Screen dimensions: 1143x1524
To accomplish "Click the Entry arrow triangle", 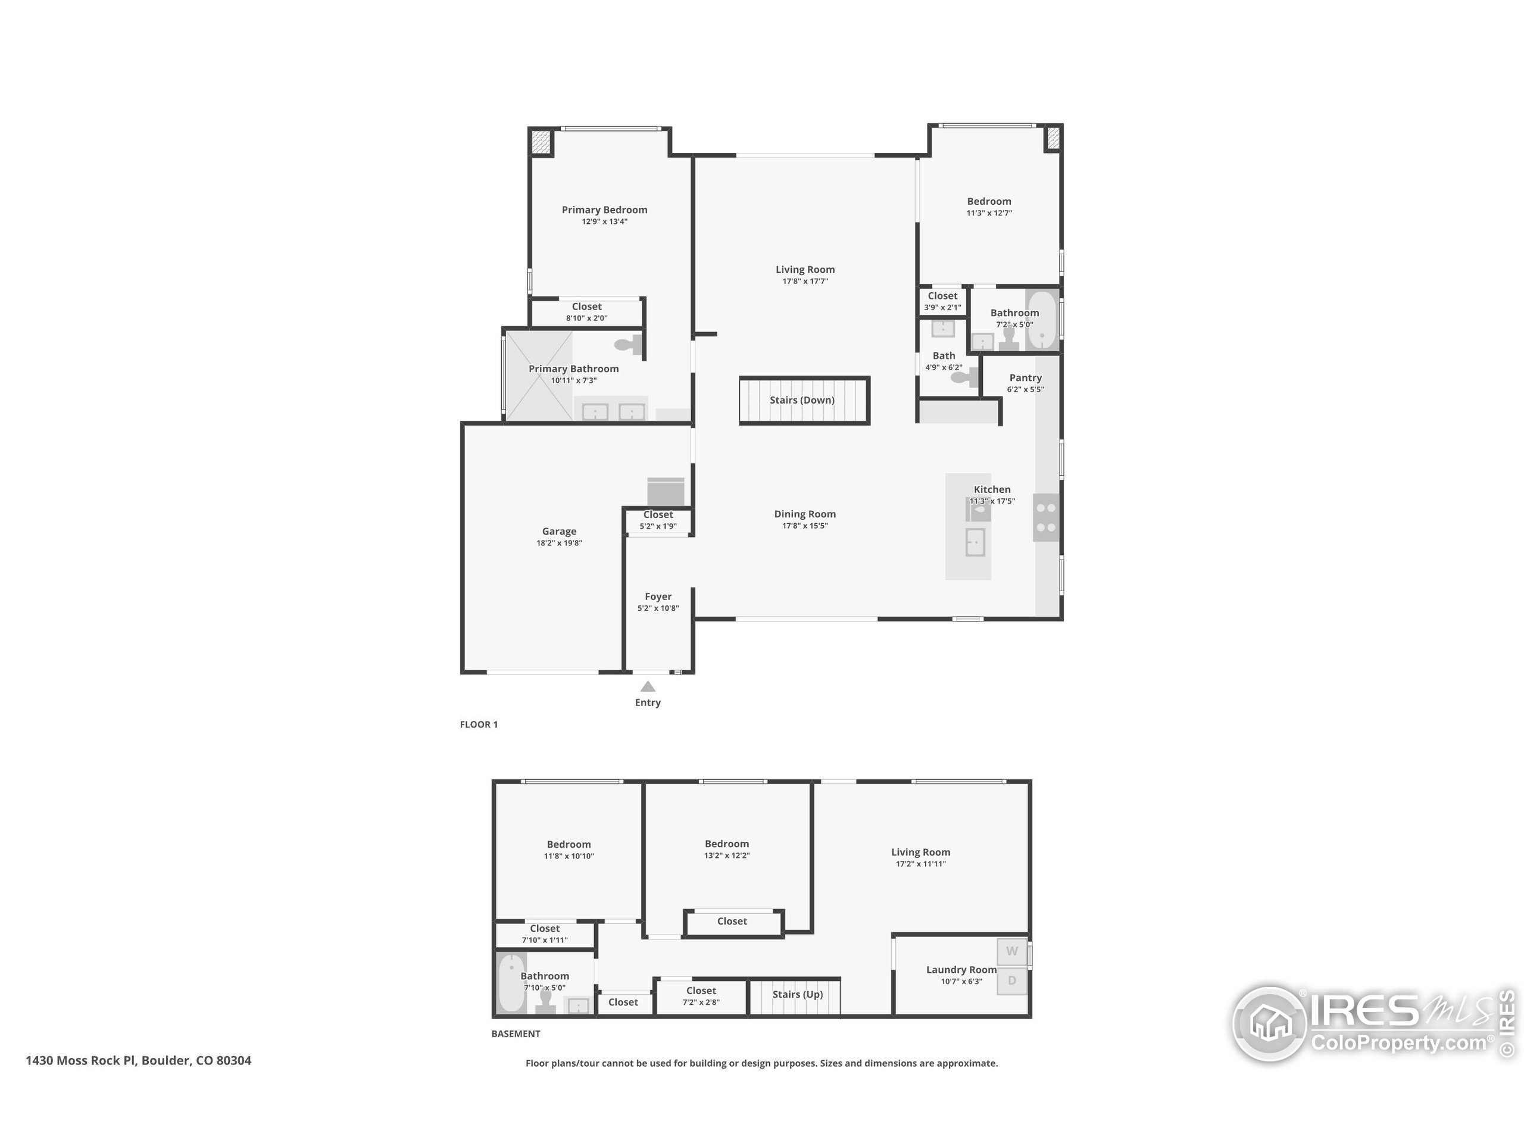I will click(x=648, y=686).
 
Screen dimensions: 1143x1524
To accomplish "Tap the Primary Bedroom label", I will click(x=604, y=210).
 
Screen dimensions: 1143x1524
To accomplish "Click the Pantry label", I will click(x=1025, y=377).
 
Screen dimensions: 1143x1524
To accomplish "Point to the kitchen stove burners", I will click(x=1046, y=517).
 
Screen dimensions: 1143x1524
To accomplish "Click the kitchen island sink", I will click(x=975, y=542).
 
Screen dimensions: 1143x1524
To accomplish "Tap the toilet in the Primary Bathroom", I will click(x=627, y=344).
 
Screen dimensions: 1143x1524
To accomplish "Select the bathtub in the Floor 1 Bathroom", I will click(x=1042, y=321).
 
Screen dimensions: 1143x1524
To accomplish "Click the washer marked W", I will click(x=1011, y=951).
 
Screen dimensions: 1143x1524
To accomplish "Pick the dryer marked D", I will click(x=1011, y=980).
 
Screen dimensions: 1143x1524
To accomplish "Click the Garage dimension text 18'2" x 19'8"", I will click(x=559, y=543).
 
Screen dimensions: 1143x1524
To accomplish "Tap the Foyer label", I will click(x=658, y=597).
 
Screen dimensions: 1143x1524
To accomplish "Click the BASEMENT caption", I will click(x=516, y=1033).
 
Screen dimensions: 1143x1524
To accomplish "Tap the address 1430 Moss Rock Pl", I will click(x=138, y=1060).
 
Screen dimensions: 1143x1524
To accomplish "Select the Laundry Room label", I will click(x=960, y=969).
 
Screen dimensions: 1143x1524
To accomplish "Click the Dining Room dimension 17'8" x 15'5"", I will click(x=804, y=526).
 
